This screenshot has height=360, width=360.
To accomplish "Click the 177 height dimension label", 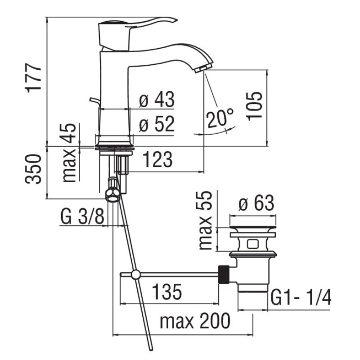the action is pyautogui.click(x=34, y=78).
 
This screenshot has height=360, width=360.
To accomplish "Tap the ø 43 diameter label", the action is pyautogui.click(x=157, y=99).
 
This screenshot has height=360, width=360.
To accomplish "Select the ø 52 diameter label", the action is pyautogui.click(x=157, y=124).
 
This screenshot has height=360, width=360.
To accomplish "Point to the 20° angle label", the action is pyautogui.click(x=220, y=118).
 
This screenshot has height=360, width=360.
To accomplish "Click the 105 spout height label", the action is pyautogui.click(x=254, y=106).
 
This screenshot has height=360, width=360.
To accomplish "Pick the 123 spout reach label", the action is pyautogui.click(x=157, y=159).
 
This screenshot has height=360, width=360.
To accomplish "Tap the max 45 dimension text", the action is pyautogui.click(x=69, y=153).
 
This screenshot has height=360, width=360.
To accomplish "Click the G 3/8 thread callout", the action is pyautogui.click(x=82, y=216).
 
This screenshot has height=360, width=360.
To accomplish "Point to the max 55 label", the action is pyautogui.click(x=205, y=220).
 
